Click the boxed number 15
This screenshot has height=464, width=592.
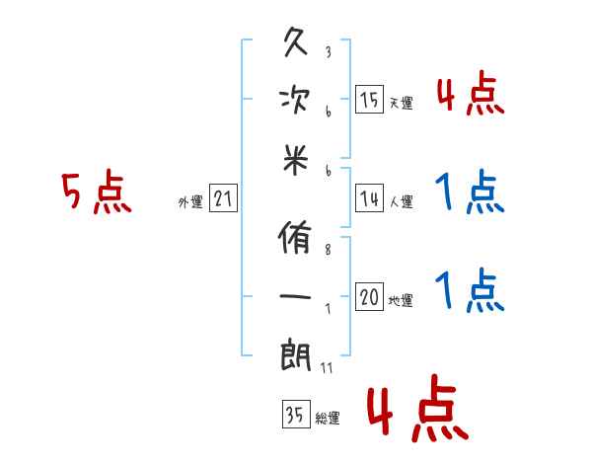(x=370, y=99)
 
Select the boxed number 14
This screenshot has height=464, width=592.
(x=370, y=199)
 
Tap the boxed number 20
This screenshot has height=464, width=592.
(x=370, y=298)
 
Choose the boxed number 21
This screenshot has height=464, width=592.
(x=223, y=199)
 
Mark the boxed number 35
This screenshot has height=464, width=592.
(x=295, y=415)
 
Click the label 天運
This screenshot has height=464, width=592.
(x=401, y=103)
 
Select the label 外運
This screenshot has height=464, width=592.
(x=190, y=202)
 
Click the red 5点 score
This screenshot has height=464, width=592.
(x=97, y=193)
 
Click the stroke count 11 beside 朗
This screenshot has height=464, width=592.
(x=327, y=368)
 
